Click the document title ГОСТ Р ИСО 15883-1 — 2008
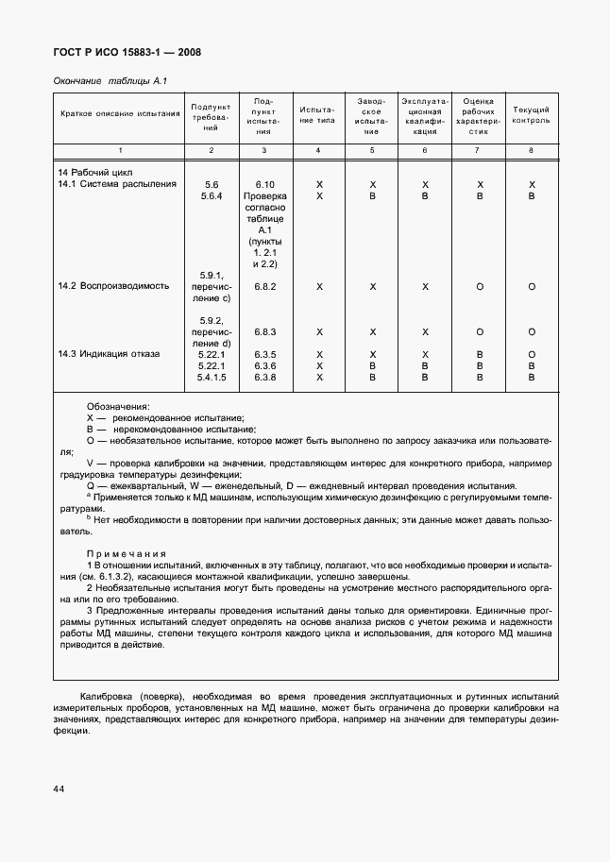[126, 53]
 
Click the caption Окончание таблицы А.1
[109, 81]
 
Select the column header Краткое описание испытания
[119, 114]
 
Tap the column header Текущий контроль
[531, 115]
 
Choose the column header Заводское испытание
[372, 115]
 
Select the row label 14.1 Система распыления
[117, 184]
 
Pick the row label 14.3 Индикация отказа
[109, 354]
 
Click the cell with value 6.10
[264, 184]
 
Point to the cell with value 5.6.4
[211, 196]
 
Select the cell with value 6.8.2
[264, 286]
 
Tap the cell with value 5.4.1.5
[211, 377]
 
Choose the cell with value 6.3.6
[264, 365]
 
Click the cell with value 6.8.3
[264, 332]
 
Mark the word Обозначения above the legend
[118, 405]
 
